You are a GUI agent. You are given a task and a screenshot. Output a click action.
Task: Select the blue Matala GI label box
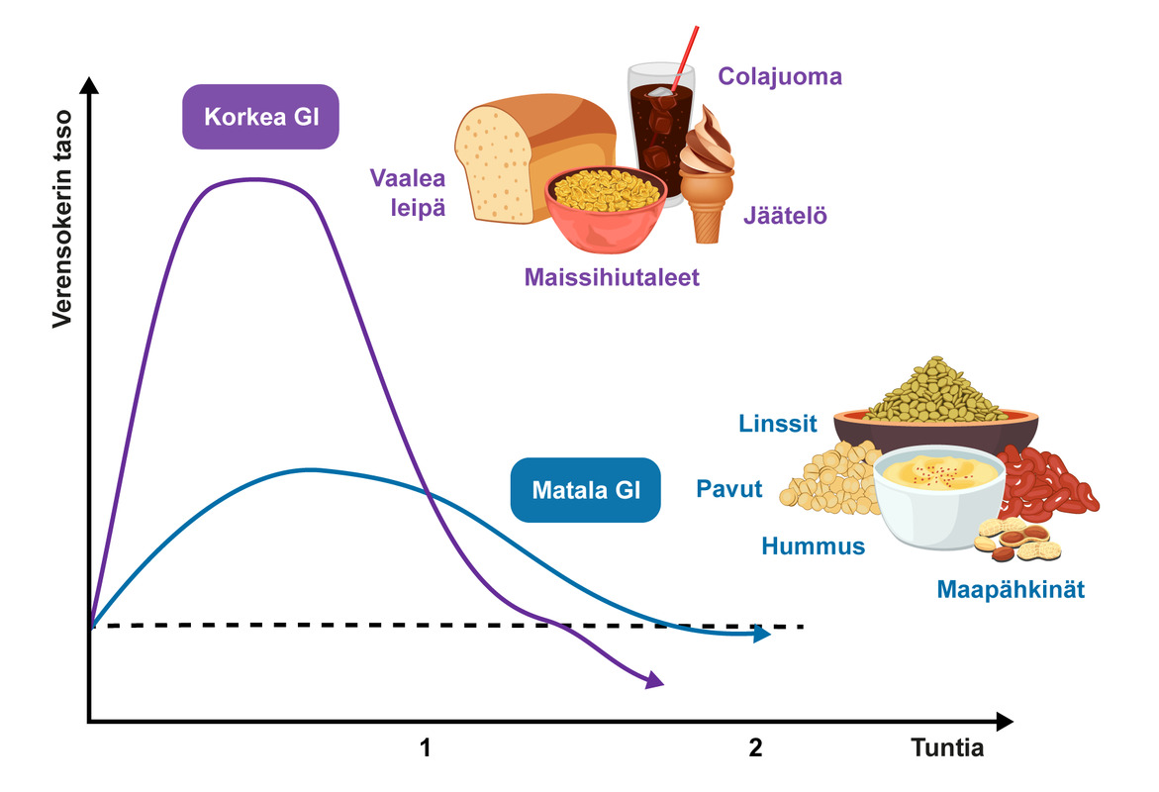pyautogui.click(x=585, y=489)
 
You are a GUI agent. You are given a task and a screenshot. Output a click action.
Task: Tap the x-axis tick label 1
pyautogui.click(x=426, y=747)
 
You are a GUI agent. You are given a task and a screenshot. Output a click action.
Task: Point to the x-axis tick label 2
pyautogui.click(x=756, y=747)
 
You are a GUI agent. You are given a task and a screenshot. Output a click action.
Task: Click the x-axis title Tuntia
pyautogui.click(x=947, y=747)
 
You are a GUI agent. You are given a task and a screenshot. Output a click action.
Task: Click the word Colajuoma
pyautogui.click(x=780, y=76)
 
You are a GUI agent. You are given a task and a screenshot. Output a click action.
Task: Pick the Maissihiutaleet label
pyautogui.click(x=612, y=277)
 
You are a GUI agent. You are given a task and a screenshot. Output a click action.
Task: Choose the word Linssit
pyautogui.click(x=778, y=424)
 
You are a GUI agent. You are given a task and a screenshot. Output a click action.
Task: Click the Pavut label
pyautogui.click(x=729, y=488)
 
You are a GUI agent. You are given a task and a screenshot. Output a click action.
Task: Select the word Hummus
pyautogui.click(x=813, y=545)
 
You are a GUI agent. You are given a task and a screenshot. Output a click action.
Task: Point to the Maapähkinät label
pyautogui.click(x=1011, y=590)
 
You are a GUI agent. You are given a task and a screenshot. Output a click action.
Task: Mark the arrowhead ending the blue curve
pyautogui.click(x=762, y=635)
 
